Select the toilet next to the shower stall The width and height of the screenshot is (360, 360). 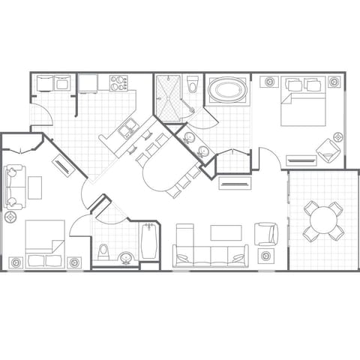pos(192,85)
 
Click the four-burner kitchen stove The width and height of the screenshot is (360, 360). pos(118,82)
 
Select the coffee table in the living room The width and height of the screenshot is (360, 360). pos(226,233)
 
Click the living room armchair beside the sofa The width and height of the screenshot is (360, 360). pos(265,234)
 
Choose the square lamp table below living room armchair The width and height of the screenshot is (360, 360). pos(266,256)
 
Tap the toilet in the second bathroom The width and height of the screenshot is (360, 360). pos(105,250)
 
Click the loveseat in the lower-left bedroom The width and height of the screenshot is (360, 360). pos(13,187)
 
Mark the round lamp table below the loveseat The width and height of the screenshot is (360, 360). pos(11,217)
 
